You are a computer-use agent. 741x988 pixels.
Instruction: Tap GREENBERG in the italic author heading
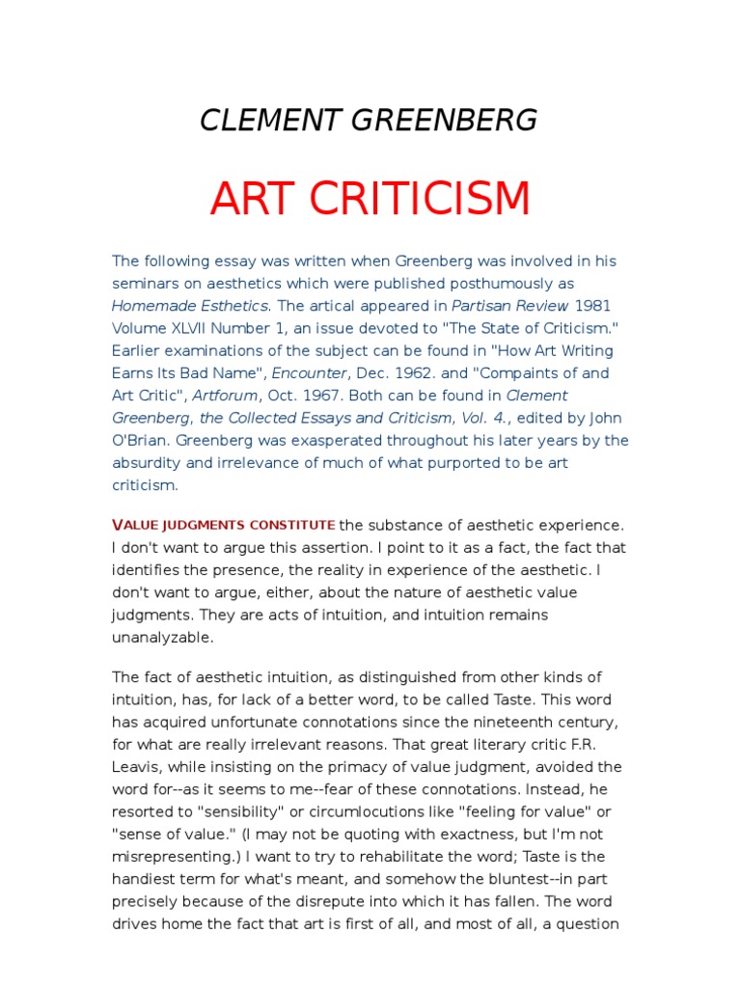click(x=448, y=121)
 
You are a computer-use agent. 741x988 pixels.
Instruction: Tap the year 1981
click(x=593, y=306)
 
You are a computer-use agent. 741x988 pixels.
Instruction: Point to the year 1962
click(x=409, y=372)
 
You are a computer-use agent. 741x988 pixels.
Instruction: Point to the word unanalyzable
click(x=162, y=637)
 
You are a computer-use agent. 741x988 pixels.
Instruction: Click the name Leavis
click(x=136, y=767)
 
